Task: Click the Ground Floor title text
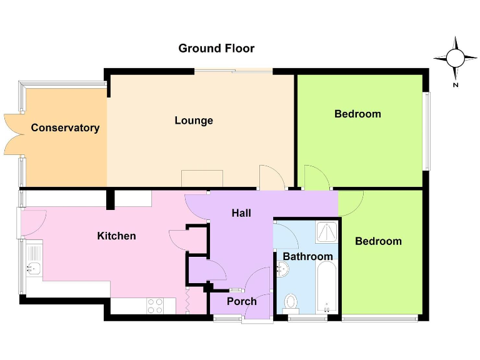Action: pyautogui.click(x=216, y=48)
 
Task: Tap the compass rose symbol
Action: pyautogui.click(x=455, y=58)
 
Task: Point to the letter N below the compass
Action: pyautogui.click(x=456, y=84)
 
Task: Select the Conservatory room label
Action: pyautogui.click(x=65, y=128)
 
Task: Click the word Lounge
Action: pyautogui.click(x=194, y=121)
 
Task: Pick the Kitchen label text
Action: pyautogui.click(x=116, y=236)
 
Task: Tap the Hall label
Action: pyautogui.click(x=241, y=213)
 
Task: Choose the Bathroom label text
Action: pyautogui.click(x=307, y=256)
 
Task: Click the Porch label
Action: pyautogui.click(x=241, y=301)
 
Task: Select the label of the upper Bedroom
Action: pyautogui.click(x=357, y=114)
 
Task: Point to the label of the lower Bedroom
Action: pyautogui.click(x=378, y=241)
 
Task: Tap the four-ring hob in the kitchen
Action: pyautogui.click(x=155, y=306)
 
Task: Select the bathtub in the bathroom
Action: pyautogui.click(x=327, y=289)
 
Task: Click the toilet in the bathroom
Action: pyautogui.click(x=291, y=302)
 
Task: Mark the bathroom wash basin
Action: pyautogui.click(x=282, y=269)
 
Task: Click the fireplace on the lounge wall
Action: pyautogui.click(x=202, y=178)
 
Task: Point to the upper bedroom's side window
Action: pyautogui.click(x=427, y=131)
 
